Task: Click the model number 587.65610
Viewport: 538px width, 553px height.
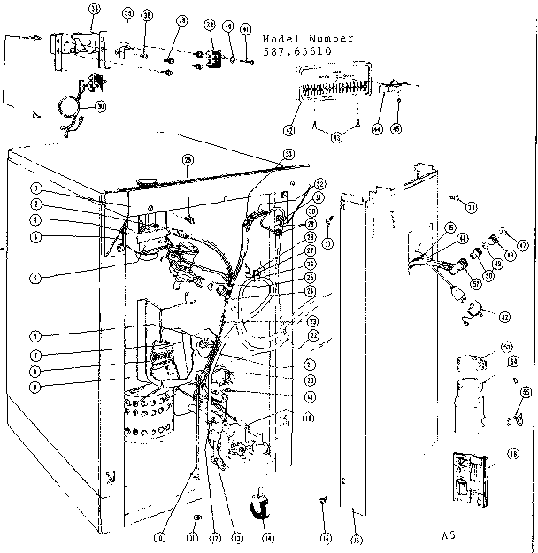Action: (x=296, y=52)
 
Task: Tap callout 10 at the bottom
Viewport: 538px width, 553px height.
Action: (x=160, y=536)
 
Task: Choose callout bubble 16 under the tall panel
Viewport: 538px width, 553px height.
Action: (x=356, y=538)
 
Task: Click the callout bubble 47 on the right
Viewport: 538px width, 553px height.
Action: (x=522, y=245)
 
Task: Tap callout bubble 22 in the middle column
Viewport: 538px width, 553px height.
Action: (x=312, y=337)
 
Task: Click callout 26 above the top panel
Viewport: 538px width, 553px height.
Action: (x=187, y=160)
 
